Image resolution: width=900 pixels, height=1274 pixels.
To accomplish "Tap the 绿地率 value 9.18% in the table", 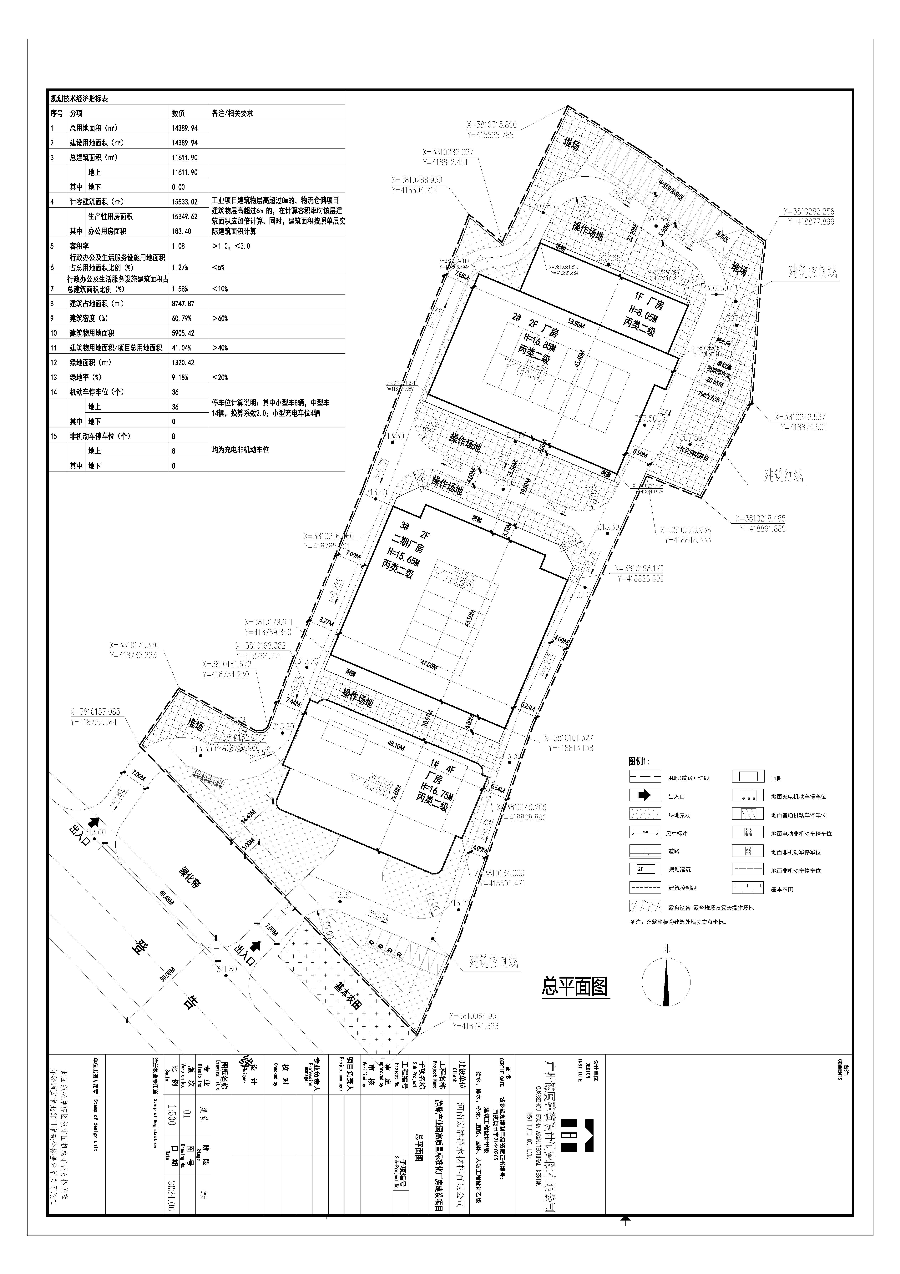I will click(180, 377).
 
